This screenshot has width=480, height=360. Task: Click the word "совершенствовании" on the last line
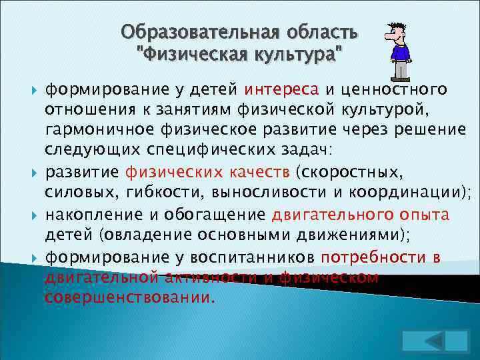coord(128,298)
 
